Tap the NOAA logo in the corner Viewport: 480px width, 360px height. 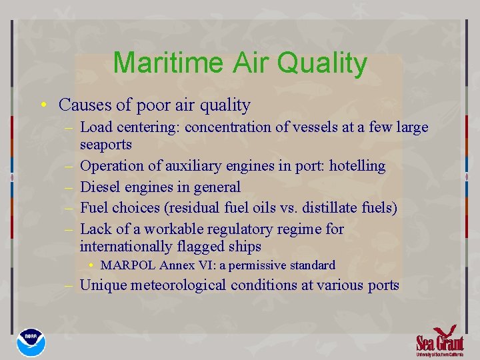tap(32, 341)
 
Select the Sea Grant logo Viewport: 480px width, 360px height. tap(439, 340)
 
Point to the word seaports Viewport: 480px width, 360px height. tap(106, 144)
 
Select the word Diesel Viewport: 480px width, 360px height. tap(100, 187)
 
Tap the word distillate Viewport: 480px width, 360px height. tap(310, 208)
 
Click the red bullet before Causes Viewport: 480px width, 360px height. tap(43, 105)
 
